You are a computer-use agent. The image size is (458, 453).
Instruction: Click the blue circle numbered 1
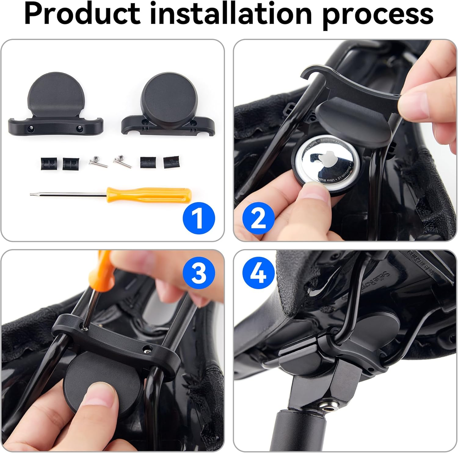coord(199,218)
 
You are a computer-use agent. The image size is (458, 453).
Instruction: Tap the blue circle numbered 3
coord(199,273)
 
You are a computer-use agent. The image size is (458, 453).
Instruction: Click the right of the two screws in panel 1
coord(122,161)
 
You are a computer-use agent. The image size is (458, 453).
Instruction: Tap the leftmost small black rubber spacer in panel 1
coord(49,164)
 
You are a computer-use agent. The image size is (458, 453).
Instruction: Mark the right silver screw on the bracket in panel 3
coord(148,348)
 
